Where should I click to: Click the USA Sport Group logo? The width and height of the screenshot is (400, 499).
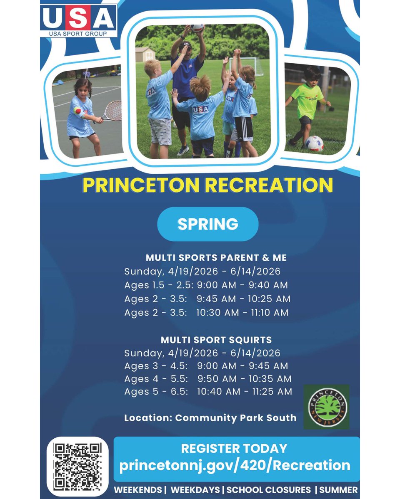tap(78, 20)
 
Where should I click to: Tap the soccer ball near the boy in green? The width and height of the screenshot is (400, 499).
tap(314, 143)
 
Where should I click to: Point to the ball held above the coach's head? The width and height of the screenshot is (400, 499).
tap(197, 28)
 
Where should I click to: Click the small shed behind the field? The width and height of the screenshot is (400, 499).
tap(145, 54)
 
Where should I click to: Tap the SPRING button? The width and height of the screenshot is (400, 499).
tap(207, 224)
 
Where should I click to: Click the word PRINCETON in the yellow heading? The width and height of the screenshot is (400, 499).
tap(141, 185)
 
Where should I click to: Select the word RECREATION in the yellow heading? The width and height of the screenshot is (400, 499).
tap(268, 185)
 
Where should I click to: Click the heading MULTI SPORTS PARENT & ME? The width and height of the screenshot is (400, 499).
tap(216, 258)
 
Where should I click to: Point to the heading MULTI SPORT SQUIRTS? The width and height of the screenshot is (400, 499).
tap(216, 340)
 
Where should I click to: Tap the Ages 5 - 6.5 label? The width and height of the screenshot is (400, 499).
tap(156, 392)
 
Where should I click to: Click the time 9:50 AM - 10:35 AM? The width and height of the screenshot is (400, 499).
tap(244, 379)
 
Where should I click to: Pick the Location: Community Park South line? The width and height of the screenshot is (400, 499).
tap(210, 418)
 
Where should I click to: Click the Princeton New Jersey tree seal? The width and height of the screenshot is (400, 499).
tap(327, 407)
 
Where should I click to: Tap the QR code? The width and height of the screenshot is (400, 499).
tap(77, 466)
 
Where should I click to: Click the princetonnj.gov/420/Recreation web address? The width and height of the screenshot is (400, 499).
tap(235, 465)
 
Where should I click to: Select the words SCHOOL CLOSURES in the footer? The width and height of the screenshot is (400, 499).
tap(269, 490)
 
